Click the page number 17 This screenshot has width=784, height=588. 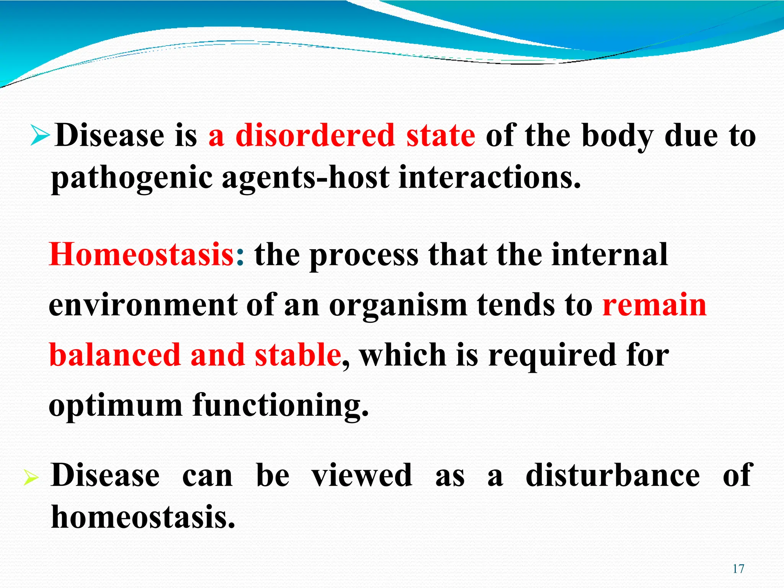coord(738,569)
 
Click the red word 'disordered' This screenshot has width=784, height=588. coord(315,136)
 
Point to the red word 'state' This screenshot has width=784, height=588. coord(441,136)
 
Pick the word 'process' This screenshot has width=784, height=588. coord(364,256)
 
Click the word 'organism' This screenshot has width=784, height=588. coord(398,306)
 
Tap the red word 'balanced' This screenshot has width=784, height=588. coord(115,355)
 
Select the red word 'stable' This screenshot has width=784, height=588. coord(298,355)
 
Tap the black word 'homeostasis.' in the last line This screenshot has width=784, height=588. coord(143,517)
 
